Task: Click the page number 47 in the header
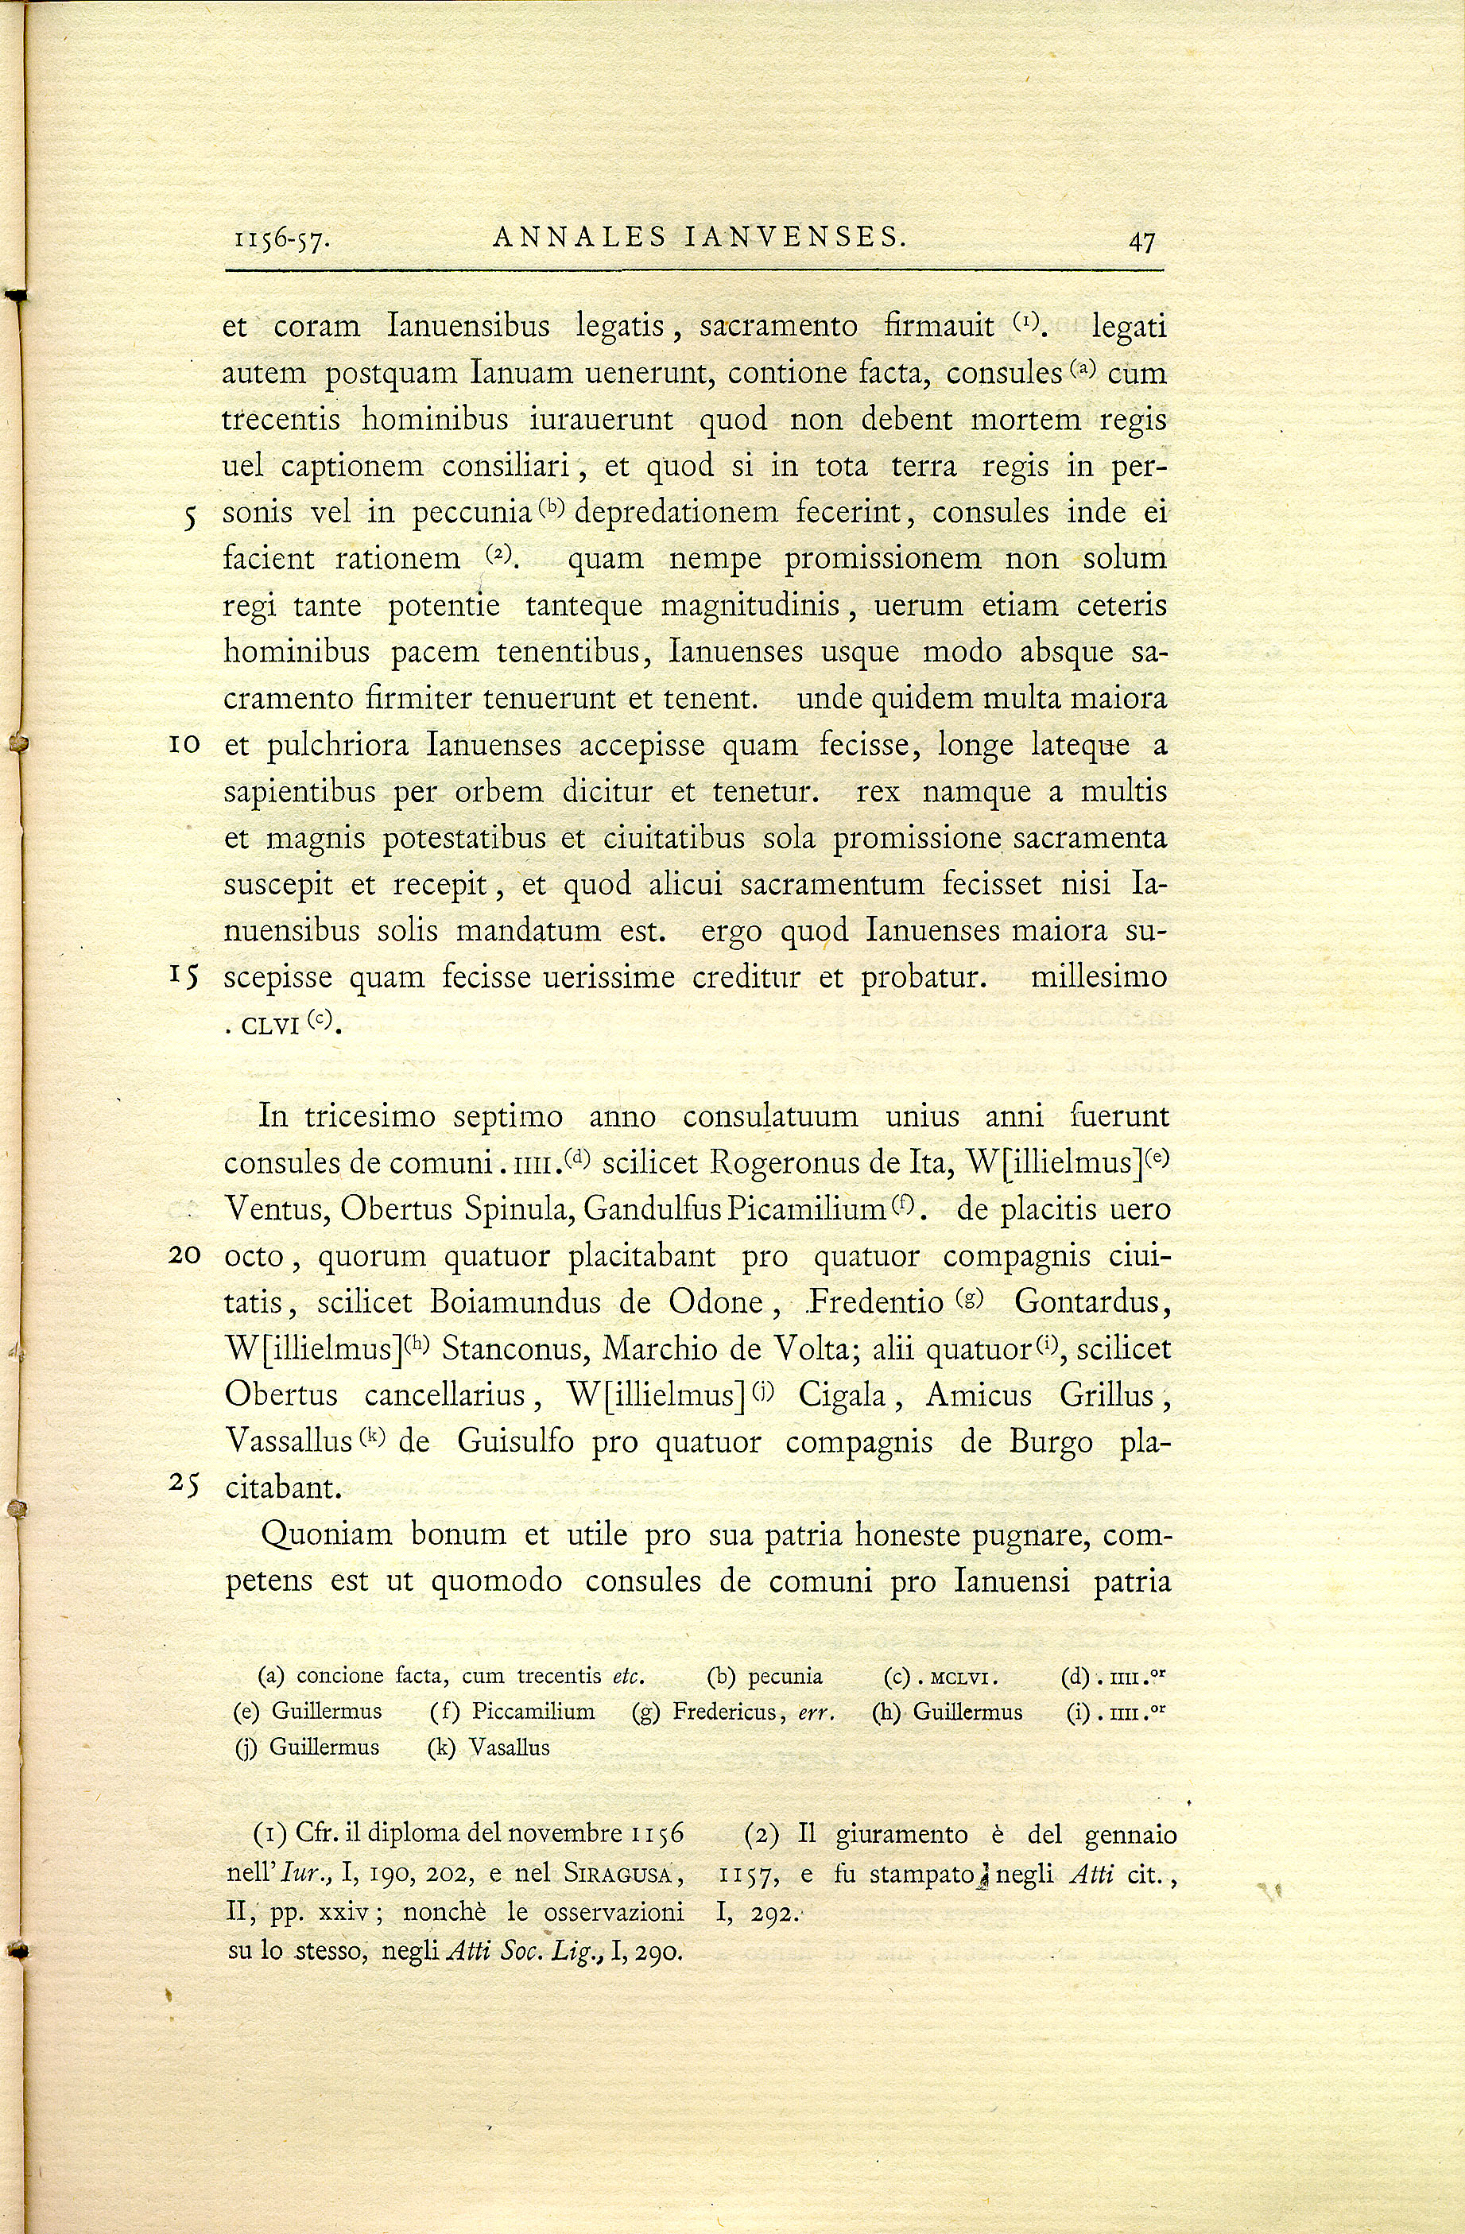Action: [x=1141, y=241]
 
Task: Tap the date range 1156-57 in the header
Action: [x=280, y=241]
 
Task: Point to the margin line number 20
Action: [x=184, y=1256]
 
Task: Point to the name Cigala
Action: [x=842, y=1394]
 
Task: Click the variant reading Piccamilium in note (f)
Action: [x=533, y=1711]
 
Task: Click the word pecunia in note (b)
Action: [x=785, y=1677]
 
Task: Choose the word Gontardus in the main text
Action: [x=1089, y=1302]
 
